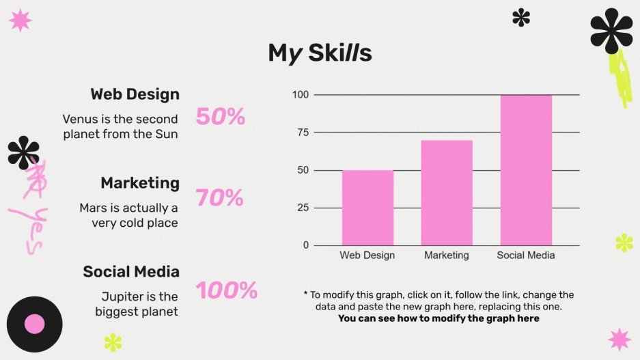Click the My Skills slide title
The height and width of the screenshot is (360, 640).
point(320,53)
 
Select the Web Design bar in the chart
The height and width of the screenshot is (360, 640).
point(367,208)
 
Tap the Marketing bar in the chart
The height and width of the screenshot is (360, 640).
point(447,193)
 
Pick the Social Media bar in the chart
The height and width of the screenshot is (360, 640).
point(526,170)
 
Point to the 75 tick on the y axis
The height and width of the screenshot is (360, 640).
point(303,133)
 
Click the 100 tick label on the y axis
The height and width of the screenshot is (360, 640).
point(301,95)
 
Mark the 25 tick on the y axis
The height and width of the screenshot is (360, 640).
point(303,208)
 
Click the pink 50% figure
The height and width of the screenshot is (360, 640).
point(221,116)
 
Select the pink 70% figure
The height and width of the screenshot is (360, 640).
point(219,197)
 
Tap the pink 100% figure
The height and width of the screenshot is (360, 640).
point(227,290)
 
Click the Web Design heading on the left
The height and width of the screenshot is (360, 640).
point(135,94)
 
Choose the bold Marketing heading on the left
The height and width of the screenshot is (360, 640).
point(140,183)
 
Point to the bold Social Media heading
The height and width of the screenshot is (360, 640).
point(131,271)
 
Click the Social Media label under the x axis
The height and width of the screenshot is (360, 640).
point(526,255)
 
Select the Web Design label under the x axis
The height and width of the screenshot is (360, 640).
point(367,255)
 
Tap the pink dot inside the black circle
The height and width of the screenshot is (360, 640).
point(35,324)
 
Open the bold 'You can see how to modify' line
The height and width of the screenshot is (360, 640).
point(439,318)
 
